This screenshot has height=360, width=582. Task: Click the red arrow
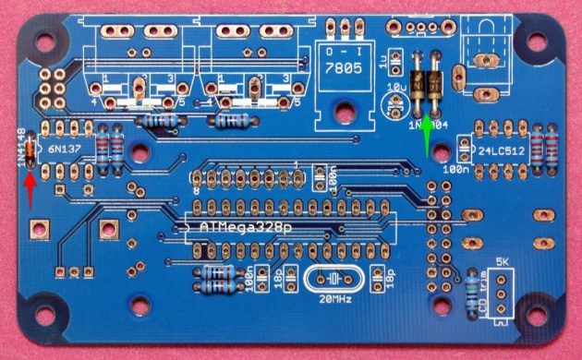30,190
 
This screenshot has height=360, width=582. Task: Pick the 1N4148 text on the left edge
20,147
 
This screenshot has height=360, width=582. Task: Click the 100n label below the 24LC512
455,171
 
